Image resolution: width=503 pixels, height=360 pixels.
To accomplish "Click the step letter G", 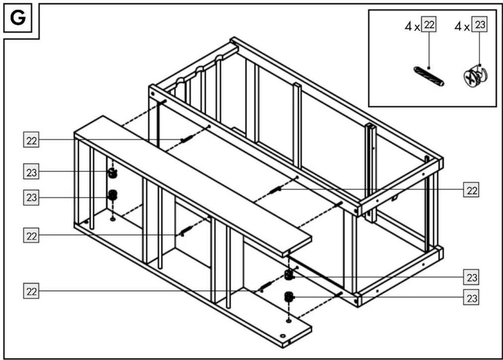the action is [x=18, y=18].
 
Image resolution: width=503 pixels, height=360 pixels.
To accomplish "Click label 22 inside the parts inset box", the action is [x=429, y=24].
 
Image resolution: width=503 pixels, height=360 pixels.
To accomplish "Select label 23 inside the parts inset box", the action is [x=479, y=24].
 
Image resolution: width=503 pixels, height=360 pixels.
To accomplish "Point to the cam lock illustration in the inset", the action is [x=476, y=76].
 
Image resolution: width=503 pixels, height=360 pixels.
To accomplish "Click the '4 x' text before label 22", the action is [x=412, y=27].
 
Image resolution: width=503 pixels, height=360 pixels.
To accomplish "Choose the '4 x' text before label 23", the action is [x=462, y=27].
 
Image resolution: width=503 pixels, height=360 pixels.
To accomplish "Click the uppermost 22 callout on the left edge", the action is [x=31, y=140].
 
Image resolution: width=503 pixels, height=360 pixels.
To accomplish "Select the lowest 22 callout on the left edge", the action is [x=31, y=291].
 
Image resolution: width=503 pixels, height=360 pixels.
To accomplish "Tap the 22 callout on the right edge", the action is [x=471, y=190].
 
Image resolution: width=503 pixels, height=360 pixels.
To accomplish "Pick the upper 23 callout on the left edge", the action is [x=31, y=171].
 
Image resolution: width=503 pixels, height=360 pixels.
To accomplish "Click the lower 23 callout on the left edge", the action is [x=31, y=198].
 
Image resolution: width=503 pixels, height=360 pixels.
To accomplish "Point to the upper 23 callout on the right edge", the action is [x=471, y=277].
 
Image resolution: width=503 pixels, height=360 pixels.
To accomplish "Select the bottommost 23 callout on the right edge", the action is [x=471, y=297].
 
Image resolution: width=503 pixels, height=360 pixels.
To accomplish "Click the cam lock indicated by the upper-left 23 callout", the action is [x=112, y=173].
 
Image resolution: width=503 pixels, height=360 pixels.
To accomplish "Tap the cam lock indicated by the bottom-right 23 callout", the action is [x=289, y=297].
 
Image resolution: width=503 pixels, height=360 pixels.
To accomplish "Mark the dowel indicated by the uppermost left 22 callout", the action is [x=187, y=139].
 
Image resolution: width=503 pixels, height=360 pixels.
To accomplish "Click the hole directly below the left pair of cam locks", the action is [x=113, y=219].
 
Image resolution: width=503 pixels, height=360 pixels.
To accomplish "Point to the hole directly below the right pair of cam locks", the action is [x=289, y=321].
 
